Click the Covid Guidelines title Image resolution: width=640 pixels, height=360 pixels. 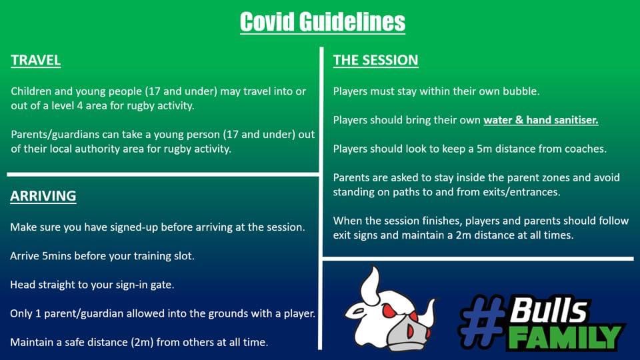point(323,22)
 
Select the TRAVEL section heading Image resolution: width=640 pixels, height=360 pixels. point(36,60)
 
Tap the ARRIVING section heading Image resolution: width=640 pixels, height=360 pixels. point(43,196)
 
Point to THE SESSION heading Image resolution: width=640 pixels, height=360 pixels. point(375,60)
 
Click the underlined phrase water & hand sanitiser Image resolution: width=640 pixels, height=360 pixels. point(541,120)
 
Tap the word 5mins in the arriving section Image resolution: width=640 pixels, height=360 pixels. point(57,256)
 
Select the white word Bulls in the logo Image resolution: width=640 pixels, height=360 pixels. point(548,310)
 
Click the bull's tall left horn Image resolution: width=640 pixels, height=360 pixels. point(370,286)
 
